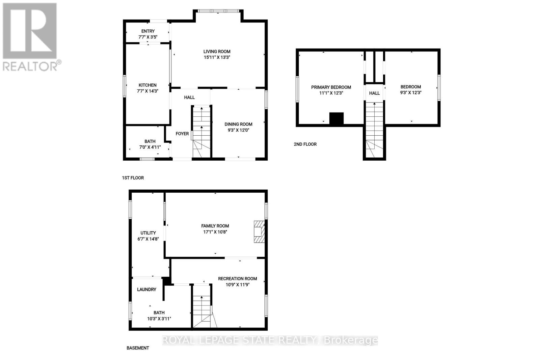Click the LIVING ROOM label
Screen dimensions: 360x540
coord(217,52)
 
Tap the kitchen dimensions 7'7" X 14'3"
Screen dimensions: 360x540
coord(148,91)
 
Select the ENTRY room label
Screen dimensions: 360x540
coord(148,31)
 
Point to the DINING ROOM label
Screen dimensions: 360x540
coord(238,124)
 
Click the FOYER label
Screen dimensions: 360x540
coord(182,134)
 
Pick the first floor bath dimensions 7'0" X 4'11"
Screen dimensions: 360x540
coord(150,147)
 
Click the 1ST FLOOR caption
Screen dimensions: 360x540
coord(133,178)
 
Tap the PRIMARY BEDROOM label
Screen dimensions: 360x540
coord(331,87)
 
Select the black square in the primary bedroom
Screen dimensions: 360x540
coord(336,119)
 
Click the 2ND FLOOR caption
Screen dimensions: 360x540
coord(305,144)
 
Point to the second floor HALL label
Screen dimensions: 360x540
coord(374,93)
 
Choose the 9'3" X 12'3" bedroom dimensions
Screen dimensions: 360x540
coord(411,92)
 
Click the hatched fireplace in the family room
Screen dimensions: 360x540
coord(259,231)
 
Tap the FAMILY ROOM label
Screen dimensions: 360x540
coord(215,226)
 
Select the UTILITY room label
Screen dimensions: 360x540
coord(148,233)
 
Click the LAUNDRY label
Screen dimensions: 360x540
coord(146,289)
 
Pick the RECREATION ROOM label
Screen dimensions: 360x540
coord(237,279)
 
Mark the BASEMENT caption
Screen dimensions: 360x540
coord(138,348)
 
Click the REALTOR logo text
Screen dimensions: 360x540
coord(30,66)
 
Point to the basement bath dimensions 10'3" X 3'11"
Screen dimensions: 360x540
coord(159,319)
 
